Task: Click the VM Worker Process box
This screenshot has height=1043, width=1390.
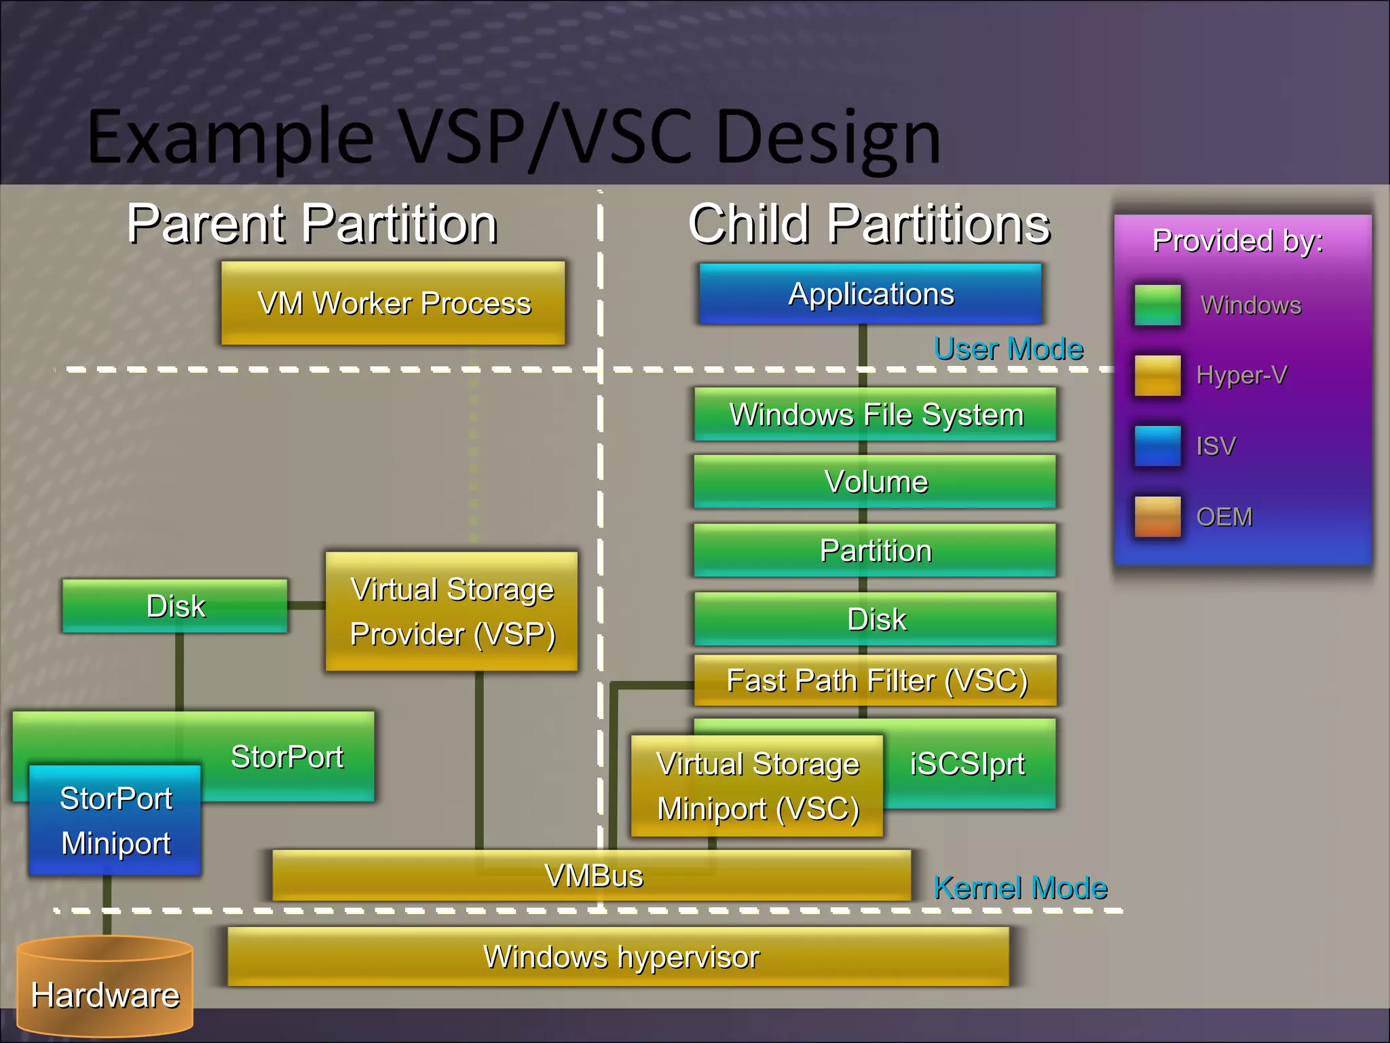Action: pos(393,303)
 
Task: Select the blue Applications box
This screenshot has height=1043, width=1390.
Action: pos(870,294)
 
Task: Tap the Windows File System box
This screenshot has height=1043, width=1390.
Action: pos(875,414)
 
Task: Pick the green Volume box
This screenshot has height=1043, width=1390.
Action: pos(875,481)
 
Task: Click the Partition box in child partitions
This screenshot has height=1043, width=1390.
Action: pos(875,550)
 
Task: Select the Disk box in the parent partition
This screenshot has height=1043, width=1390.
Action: pos(175,606)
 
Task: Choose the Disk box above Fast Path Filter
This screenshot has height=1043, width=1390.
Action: pos(875,619)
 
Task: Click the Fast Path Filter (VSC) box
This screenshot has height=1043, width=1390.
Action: pos(875,680)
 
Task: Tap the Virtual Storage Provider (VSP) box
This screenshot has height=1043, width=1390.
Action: pos(452,611)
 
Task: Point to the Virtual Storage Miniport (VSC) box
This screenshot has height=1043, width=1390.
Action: pos(757,786)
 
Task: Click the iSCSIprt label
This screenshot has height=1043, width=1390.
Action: pos(967,764)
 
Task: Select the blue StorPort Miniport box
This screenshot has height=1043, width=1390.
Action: pos(115,820)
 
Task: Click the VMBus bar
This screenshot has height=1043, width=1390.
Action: pos(592,875)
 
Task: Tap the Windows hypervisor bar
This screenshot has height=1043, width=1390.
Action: pos(619,957)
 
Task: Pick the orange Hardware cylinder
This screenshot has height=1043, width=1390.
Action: pos(105,988)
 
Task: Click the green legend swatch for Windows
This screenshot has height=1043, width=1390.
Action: pos(1157,305)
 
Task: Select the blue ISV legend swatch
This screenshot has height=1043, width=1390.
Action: pos(1157,446)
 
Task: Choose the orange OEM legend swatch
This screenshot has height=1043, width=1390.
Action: pos(1157,517)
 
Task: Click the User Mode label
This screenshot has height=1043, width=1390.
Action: pos(1008,348)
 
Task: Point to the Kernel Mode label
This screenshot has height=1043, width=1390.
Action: pos(1019,888)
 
